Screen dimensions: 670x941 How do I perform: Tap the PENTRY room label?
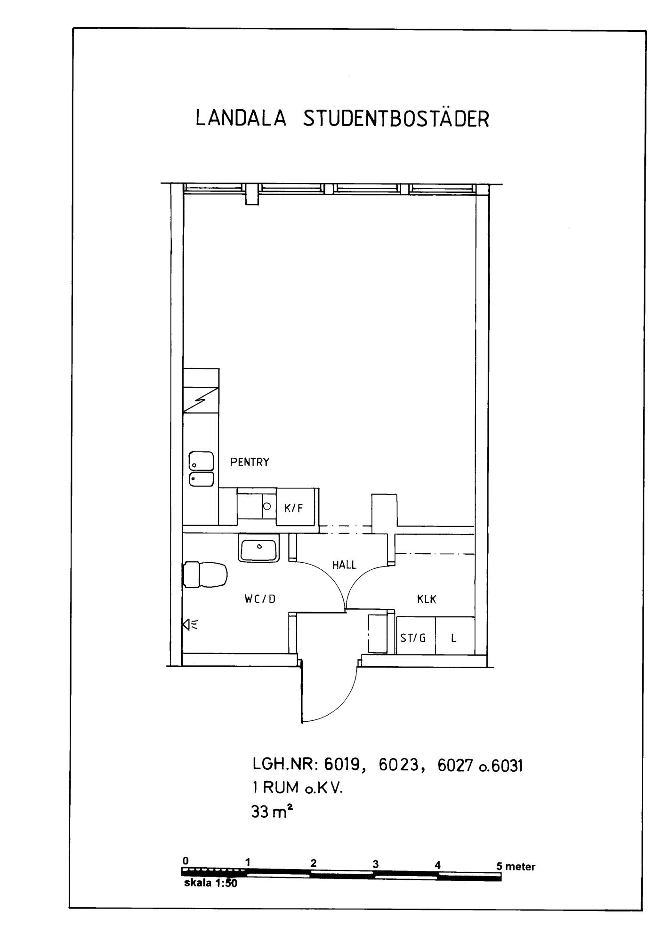(x=250, y=462)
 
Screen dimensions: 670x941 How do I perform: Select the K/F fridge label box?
(x=295, y=507)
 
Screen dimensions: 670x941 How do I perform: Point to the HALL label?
(x=344, y=565)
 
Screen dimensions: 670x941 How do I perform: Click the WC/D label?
(x=259, y=599)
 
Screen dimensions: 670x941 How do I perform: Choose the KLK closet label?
(x=427, y=599)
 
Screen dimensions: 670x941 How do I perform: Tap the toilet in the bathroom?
(x=205, y=574)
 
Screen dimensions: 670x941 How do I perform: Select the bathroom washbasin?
(x=258, y=548)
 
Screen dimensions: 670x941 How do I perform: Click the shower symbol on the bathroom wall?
(x=190, y=625)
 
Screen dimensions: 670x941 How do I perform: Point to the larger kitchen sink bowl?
(x=202, y=461)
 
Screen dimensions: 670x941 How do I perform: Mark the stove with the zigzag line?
(x=201, y=400)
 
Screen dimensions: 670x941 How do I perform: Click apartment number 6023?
(x=398, y=766)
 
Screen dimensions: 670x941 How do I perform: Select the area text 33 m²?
(x=269, y=812)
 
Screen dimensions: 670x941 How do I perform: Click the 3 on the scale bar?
(x=375, y=864)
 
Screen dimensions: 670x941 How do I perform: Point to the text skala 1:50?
(x=210, y=883)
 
